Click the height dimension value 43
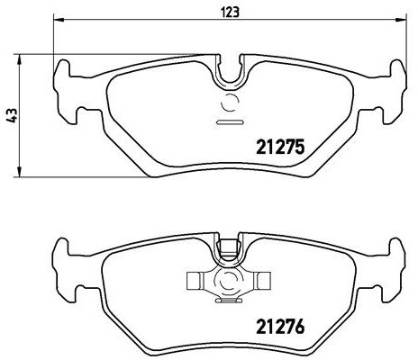tap(11, 115)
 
